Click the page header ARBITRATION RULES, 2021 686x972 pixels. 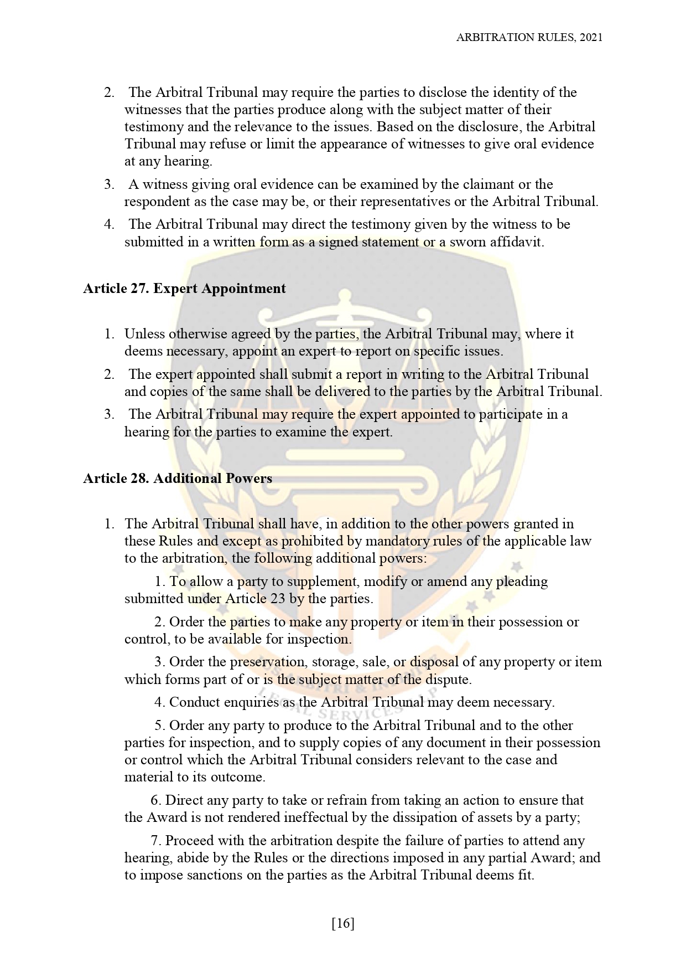click(529, 37)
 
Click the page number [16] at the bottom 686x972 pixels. click(343, 923)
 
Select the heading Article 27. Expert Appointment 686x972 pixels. click(184, 289)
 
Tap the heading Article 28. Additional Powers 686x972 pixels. click(178, 479)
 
